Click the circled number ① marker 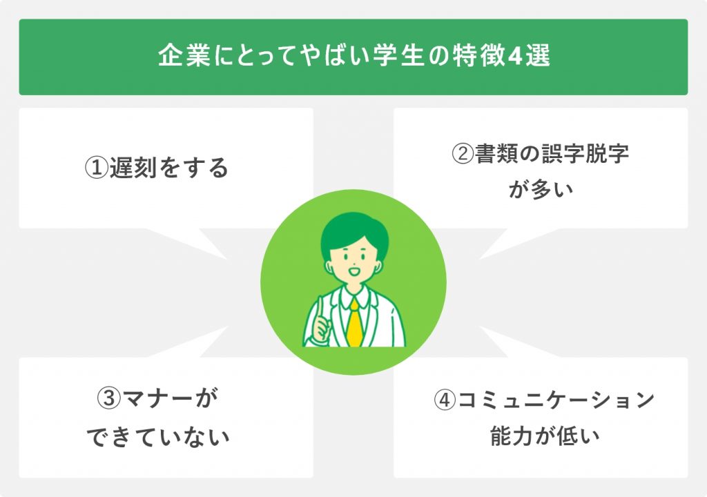[x=97, y=168]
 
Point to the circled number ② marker [x=463, y=154]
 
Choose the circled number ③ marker [x=109, y=398]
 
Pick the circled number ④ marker [x=445, y=400]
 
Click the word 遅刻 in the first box [x=133, y=168]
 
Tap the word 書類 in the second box [x=497, y=154]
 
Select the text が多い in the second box [x=541, y=190]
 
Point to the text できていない [x=158, y=437]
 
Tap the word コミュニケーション [x=556, y=400]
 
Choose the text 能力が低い [x=545, y=436]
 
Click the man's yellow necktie [x=354, y=322]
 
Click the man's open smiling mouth [x=354, y=273]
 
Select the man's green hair [x=354, y=230]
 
